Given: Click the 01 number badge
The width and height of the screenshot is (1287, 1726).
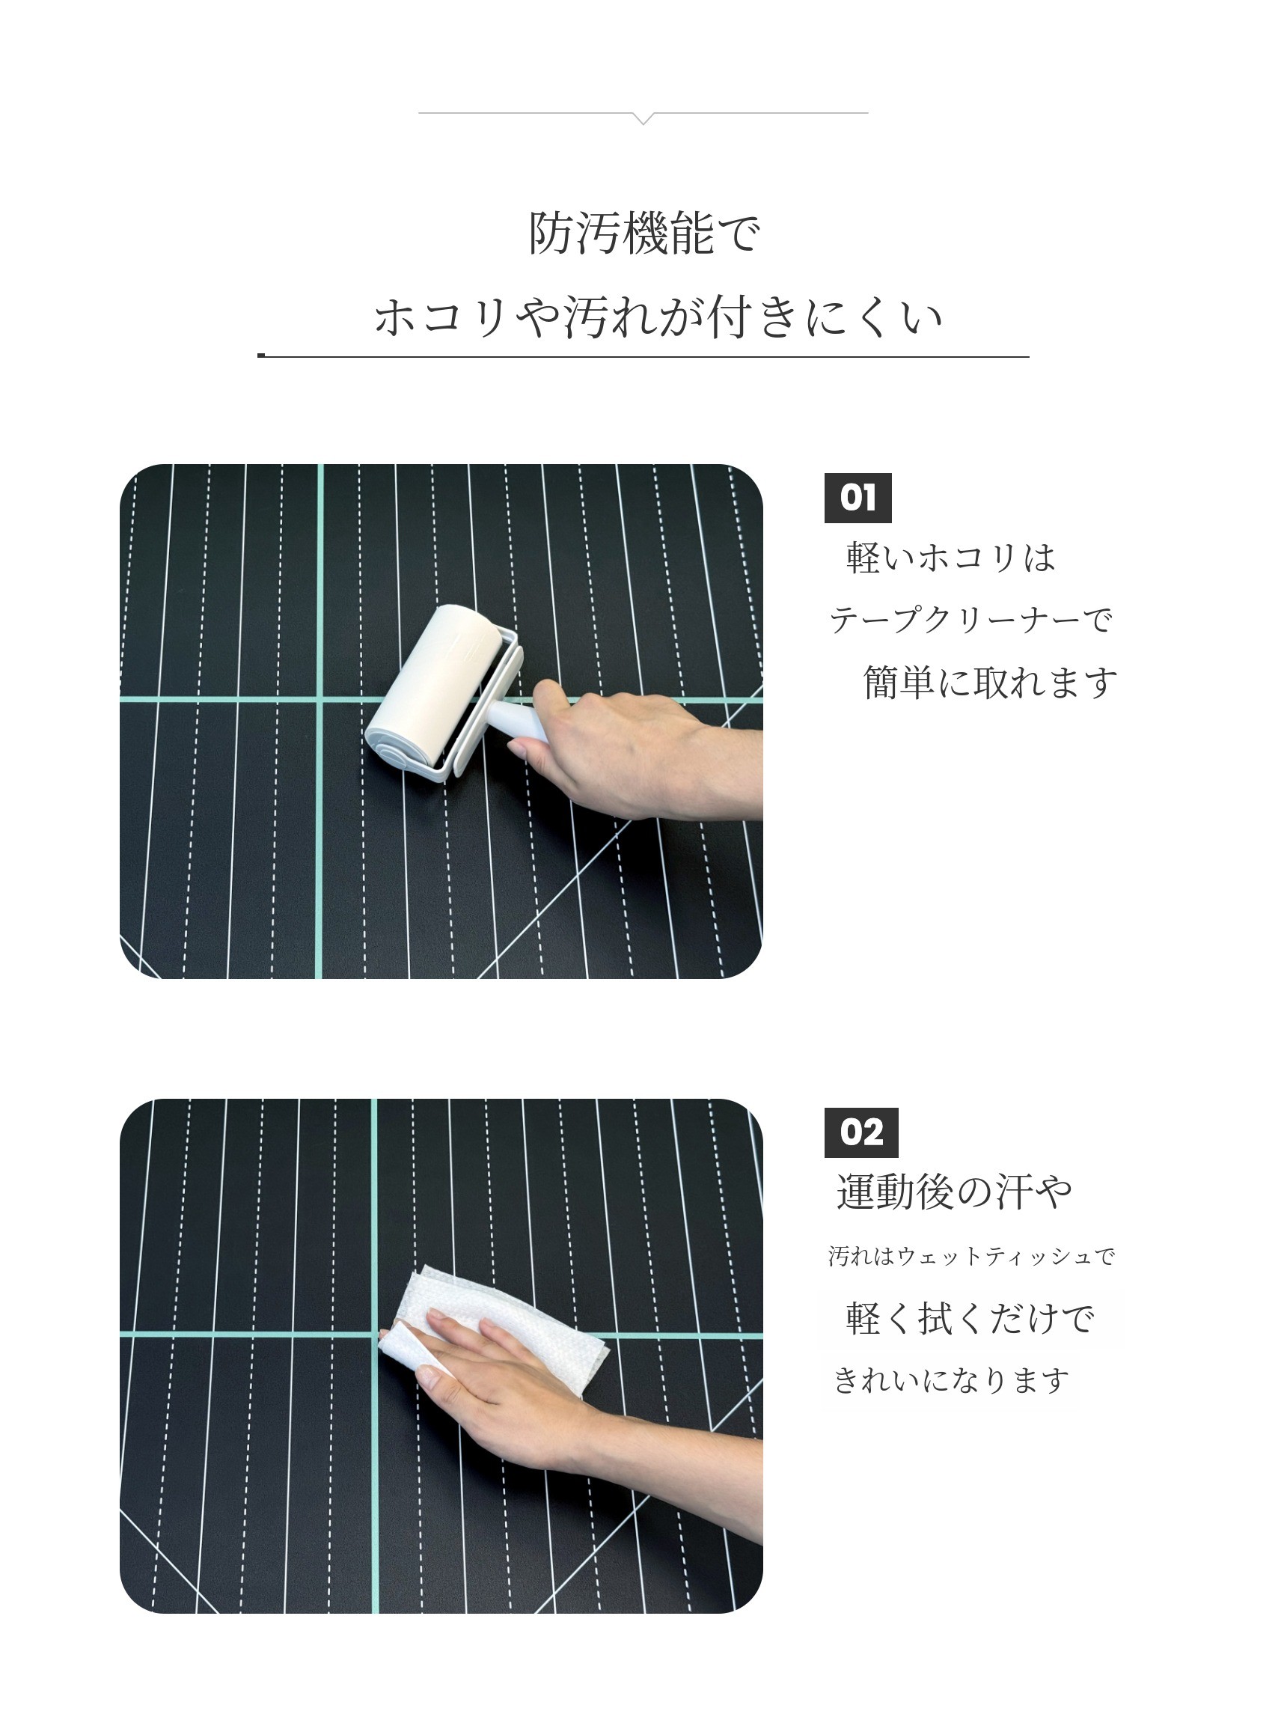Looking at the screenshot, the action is (x=858, y=498).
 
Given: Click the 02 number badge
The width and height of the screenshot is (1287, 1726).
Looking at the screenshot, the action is (x=860, y=1133).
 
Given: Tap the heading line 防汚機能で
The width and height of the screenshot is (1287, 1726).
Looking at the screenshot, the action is (x=643, y=232).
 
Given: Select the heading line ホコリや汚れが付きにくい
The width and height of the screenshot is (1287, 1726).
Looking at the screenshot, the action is (x=658, y=318).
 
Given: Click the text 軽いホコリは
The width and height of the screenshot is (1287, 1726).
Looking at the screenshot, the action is (x=950, y=558).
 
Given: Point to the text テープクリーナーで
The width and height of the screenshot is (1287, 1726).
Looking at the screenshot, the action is (x=970, y=620).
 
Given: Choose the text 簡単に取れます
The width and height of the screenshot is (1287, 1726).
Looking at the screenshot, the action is (x=990, y=683).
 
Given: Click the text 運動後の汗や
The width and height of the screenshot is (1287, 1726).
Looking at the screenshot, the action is (x=954, y=1193).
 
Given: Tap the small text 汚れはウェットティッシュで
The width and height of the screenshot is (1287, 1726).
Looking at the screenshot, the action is (x=971, y=1256).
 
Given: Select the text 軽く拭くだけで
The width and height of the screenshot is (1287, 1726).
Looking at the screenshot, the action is (x=970, y=1319).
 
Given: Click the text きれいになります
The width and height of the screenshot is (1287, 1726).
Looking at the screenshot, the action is (x=951, y=1380).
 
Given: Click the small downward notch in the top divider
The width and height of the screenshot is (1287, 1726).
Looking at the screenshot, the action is (x=643, y=118).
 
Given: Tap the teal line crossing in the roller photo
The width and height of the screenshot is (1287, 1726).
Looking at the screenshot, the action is (x=320, y=699).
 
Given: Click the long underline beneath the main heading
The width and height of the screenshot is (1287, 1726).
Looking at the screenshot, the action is (x=643, y=356).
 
